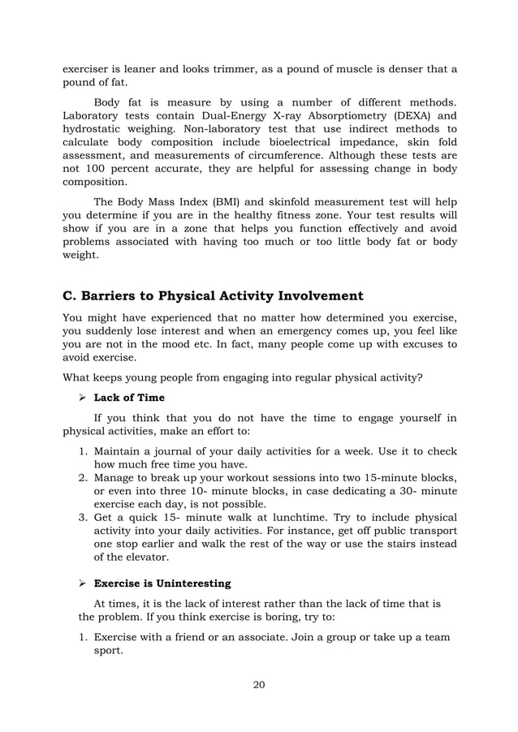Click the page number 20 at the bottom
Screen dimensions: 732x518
[x=259, y=684]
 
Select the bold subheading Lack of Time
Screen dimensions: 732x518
[x=129, y=398]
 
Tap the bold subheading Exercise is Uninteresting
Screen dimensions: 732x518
[x=162, y=583]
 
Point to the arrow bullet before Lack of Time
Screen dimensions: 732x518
[x=81, y=398]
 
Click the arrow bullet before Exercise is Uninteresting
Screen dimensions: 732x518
[x=81, y=583]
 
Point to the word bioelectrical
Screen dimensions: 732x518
[x=297, y=144]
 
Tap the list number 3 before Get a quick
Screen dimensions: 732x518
[x=84, y=517]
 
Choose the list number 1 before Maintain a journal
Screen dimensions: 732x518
[x=84, y=451]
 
